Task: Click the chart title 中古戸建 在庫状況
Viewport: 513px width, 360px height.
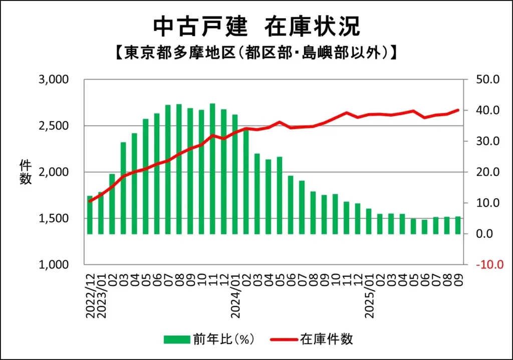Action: pyautogui.click(x=256, y=26)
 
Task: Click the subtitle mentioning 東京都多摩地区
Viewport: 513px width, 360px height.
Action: pyautogui.click(x=256, y=52)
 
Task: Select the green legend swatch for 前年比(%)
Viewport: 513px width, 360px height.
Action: pyautogui.click(x=177, y=339)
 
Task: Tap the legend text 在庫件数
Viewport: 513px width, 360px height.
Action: pyautogui.click(x=326, y=339)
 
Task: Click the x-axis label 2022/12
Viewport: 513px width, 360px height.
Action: pyautogui.click(x=90, y=295)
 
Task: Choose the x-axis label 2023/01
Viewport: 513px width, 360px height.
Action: pyautogui.click(x=101, y=295)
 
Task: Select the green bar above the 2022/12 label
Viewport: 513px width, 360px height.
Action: pyautogui.click(x=90, y=215)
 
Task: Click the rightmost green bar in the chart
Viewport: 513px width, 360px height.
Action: pyautogui.click(x=457, y=225)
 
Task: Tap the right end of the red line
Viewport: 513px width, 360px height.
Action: pyautogui.click(x=458, y=110)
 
